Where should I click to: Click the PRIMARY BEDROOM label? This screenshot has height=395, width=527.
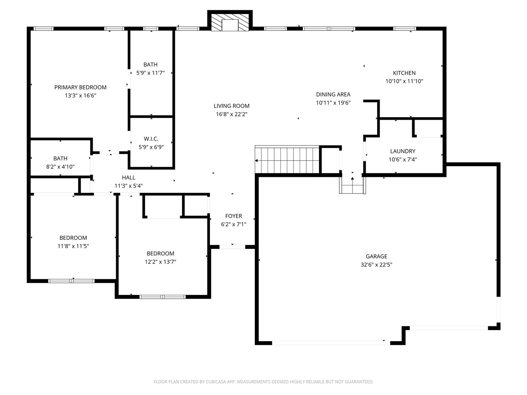click(x=80, y=87)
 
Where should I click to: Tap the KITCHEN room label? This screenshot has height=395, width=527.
click(x=404, y=73)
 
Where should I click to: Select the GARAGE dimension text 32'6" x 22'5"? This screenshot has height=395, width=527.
click(x=376, y=265)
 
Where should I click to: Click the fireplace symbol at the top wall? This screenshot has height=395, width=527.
click(x=230, y=22)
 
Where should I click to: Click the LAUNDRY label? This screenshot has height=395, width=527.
click(x=403, y=151)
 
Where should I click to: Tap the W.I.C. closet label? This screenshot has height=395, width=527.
click(x=151, y=139)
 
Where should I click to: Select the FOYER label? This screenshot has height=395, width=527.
click(x=233, y=216)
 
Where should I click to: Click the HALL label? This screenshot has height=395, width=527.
click(x=128, y=177)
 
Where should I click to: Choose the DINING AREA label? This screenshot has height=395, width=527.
click(x=333, y=94)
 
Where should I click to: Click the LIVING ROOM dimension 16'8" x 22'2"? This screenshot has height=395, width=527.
click(x=232, y=114)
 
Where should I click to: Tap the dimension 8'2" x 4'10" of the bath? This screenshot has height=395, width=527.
click(x=60, y=167)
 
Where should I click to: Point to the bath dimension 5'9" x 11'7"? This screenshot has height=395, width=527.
click(x=150, y=73)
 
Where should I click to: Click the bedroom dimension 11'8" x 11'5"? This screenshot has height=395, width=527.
click(x=73, y=246)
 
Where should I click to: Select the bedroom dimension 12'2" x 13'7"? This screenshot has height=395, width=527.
click(x=161, y=262)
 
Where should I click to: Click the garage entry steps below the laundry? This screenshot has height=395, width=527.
click(x=352, y=187)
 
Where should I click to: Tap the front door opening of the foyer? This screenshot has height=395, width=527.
click(x=232, y=247)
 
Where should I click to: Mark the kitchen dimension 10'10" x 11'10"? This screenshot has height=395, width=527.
click(x=404, y=81)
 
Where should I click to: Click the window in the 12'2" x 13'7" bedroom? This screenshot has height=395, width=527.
click(x=163, y=296)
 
